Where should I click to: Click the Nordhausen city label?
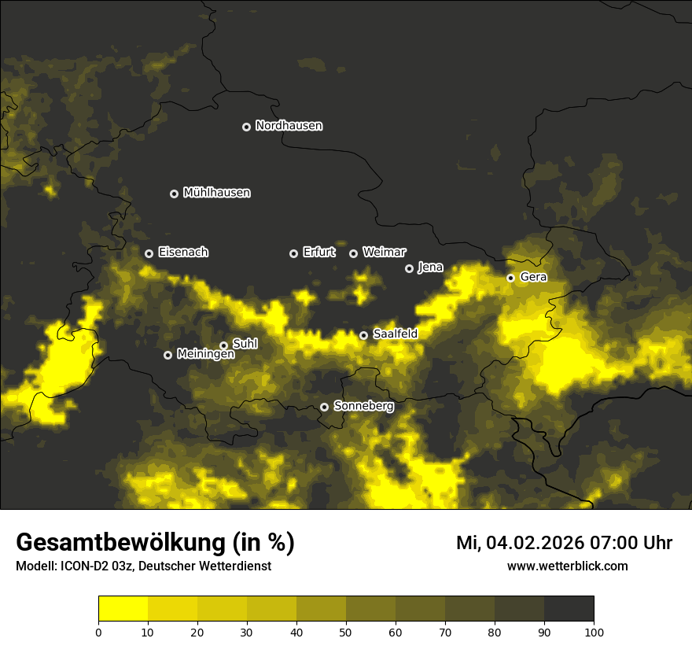(x=289, y=126)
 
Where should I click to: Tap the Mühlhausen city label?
(x=216, y=193)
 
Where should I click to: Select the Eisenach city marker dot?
(x=149, y=253)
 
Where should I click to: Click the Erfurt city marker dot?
(x=294, y=253)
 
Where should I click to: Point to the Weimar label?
(x=384, y=253)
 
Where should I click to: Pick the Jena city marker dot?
(x=409, y=268)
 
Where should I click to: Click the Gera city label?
(x=532, y=277)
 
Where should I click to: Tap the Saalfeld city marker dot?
(x=363, y=335)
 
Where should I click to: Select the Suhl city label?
(x=245, y=344)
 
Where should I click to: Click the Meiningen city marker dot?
(x=167, y=355)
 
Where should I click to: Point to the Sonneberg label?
(x=363, y=406)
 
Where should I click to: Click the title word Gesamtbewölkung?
(x=121, y=543)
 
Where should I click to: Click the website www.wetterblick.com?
(x=567, y=566)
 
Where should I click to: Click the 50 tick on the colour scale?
(x=346, y=632)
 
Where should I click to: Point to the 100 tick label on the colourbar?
(x=594, y=632)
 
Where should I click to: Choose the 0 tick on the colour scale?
(x=98, y=632)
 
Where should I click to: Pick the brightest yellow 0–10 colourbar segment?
(x=123, y=609)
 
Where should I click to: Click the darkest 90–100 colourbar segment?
(x=569, y=609)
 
